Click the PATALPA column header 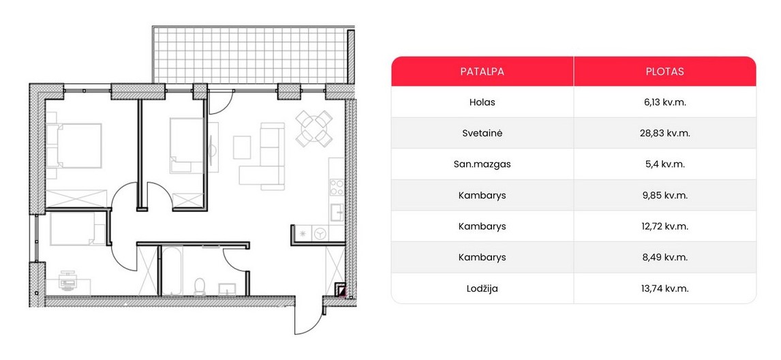(x=482, y=72)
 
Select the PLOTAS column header (x=664, y=72)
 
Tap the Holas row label (x=482, y=102)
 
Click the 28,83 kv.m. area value (x=664, y=133)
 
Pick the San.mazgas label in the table (x=482, y=164)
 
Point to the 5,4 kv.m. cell (x=664, y=164)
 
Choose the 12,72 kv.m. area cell (x=664, y=226)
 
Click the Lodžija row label (x=482, y=288)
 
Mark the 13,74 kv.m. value (x=664, y=288)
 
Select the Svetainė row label (x=482, y=133)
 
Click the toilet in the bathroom (x=200, y=286)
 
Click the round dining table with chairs (x=313, y=129)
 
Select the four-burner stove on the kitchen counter (x=336, y=187)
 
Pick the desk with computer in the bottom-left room (x=68, y=283)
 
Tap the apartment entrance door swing (x=309, y=316)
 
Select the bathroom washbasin (x=229, y=289)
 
